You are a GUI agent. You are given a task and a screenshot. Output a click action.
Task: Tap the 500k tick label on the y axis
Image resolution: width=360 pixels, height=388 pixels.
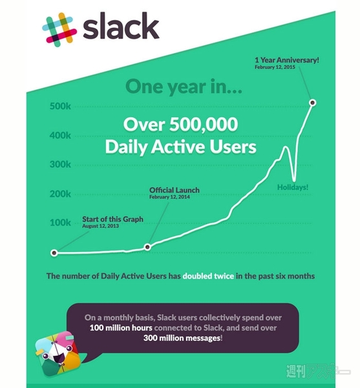click(61, 106)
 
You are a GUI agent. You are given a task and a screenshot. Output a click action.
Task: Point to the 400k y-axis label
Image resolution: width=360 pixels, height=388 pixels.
click(61, 135)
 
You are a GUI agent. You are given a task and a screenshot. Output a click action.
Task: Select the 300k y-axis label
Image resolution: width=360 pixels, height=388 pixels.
click(61, 164)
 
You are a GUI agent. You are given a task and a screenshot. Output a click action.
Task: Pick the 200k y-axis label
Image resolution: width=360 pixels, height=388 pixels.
click(61, 193)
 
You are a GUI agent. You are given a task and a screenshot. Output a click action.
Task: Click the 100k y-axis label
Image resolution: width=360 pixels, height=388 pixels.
click(61, 222)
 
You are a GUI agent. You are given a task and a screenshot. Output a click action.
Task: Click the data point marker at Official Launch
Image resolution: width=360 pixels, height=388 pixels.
click(148, 247)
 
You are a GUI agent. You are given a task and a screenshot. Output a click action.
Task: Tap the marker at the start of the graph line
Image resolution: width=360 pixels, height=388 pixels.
click(54, 253)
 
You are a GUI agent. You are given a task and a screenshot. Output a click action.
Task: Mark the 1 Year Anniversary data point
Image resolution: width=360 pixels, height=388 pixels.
click(313, 102)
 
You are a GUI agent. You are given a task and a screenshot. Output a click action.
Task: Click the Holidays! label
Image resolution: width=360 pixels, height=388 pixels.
click(293, 188)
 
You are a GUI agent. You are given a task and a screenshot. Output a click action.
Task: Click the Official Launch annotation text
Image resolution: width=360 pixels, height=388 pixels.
click(174, 190)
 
